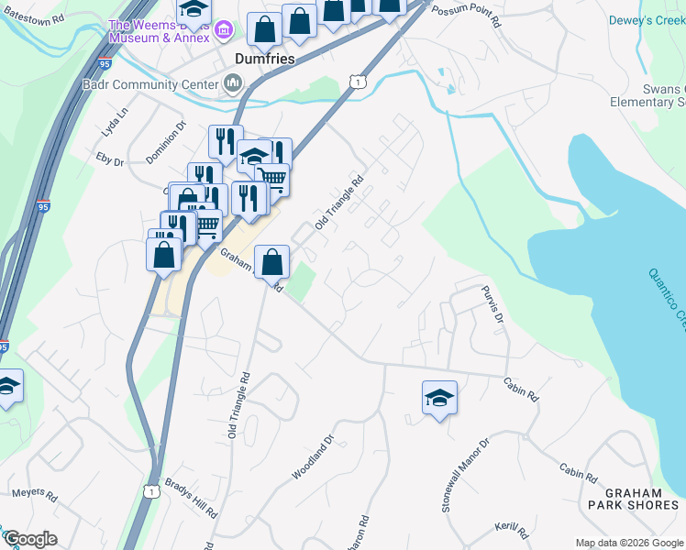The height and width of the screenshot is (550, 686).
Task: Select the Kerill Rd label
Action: (x=512, y=531)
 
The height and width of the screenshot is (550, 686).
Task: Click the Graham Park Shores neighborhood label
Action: (x=636, y=497)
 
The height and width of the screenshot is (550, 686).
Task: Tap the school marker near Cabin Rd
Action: (x=439, y=397)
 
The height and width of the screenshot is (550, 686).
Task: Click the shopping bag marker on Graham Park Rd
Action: (x=272, y=262)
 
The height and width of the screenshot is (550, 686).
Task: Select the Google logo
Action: (x=30, y=539)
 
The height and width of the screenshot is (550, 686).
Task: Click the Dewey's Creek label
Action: (x=647, y=19)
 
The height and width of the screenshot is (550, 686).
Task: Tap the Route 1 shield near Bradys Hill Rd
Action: (x=151, y=492)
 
